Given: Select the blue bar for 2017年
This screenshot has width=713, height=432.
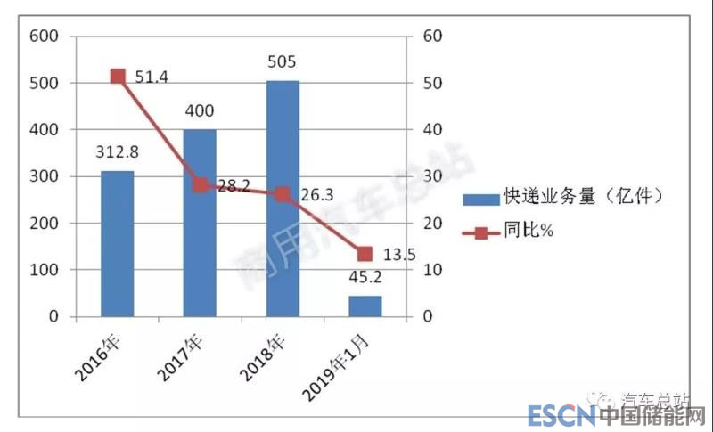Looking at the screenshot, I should tap(200, 223).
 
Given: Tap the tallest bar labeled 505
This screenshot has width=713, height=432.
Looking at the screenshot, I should tap(283, 198).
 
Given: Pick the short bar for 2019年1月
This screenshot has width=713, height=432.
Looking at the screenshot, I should tap(365, 306).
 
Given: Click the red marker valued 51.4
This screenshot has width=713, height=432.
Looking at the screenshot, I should tap(117, 77).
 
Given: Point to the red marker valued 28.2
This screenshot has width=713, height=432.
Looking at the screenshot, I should tap(200, 185).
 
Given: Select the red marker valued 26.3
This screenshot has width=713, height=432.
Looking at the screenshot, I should tap(283, 194).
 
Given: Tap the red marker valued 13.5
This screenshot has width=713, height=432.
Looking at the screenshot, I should tap(365, 254).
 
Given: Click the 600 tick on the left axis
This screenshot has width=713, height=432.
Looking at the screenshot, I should tap(44, 37).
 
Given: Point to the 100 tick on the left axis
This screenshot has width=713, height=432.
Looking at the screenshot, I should tap(44, 270).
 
